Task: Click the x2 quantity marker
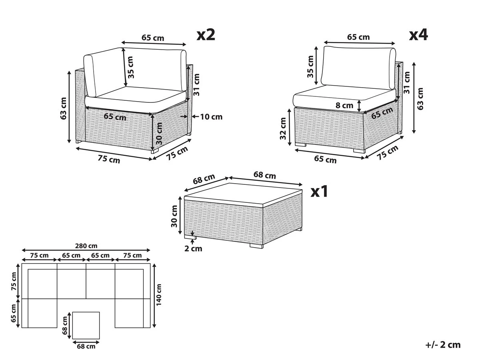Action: [x=206, y=35]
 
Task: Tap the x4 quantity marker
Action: [x=418, y=35]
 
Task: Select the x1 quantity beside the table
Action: [x=320, y=192]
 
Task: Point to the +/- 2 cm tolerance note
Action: [x=443, y=345]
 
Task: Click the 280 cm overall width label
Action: [x=86, y=246]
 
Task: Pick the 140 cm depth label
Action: [x=159, y=295]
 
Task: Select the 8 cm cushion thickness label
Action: [x=345, y=106]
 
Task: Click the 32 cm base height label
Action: [x=284, y=129]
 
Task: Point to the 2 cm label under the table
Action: [x=193, y=249]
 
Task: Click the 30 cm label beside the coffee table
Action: [x=174, y=216]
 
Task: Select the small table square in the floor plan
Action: [x=86, y=325]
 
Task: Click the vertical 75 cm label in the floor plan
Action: [x=14, y=281]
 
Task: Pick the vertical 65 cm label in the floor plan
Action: [x=14, y=313]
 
